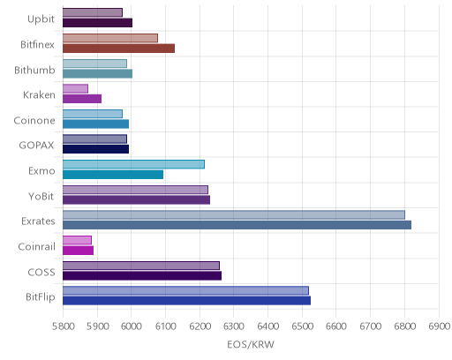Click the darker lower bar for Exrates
tap(237, 225)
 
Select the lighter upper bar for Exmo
tap(133, 164)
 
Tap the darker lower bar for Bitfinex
tap(118, 49)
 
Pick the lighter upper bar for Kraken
tap(75, 89)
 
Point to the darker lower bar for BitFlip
tap(186, 301)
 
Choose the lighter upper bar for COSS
tap(141, 266)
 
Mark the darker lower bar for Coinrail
tap(78, 251)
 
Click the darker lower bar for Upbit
tap(97, 23)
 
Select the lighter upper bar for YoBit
tap(135, 190)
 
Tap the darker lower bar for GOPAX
tap(95, 149)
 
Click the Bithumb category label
tap(34, 71)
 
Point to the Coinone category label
tap(34, 121)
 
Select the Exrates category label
tap(38, 221)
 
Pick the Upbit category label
tap(41, 19)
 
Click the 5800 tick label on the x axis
tap(63, 326)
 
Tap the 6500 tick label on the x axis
tap(302, 326)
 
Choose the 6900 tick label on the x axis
tap(439, 326)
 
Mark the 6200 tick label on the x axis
tap(200, 326)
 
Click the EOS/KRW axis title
tap(251, 344)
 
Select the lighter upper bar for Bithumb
tap(94, 64)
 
